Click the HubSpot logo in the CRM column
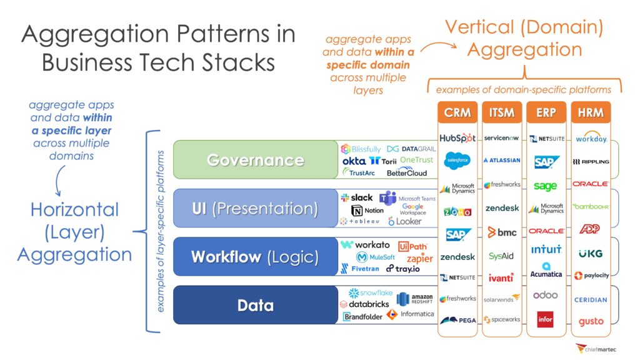[x=457, y=138]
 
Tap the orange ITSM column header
[x=502, y=113]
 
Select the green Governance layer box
[x=255, y=160]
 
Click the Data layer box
[x=255, y=305]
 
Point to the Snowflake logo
[x=371, y=293]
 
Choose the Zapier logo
[x=419, y=258]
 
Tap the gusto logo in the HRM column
[x=591, y=322]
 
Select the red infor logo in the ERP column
[x=546, y=319]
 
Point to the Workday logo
[x=591, y=138]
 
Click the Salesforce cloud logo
[x=457, y=161]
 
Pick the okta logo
[x=354, y=161]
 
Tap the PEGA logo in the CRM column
[x=457, y=320]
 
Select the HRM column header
[x=591, y=113]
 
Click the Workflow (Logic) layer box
[x=255, y=256]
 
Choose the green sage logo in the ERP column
[x=546, y=186]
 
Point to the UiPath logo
[x=412, y=246]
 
